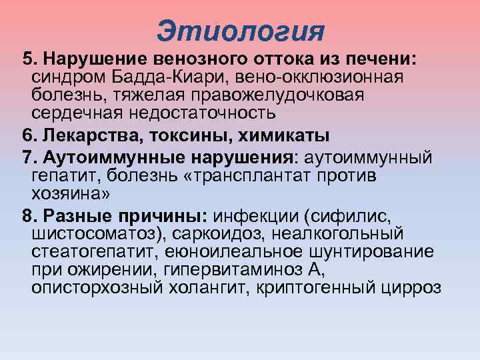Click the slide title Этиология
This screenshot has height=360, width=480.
241,31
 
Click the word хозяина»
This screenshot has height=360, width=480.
69,195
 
